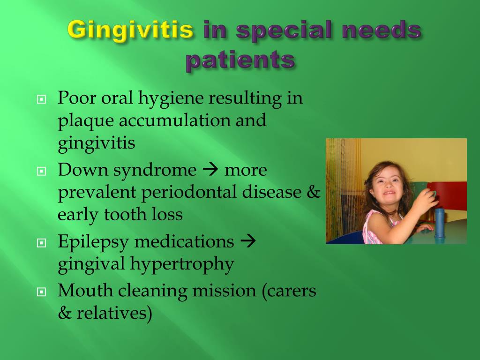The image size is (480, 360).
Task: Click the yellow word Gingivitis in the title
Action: (x=131, y=30)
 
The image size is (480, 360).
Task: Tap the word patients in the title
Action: (x=240, y=59)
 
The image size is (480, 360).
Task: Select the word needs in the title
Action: (x=382, y=30)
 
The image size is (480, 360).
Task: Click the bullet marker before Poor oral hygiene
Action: (x=41, y=99)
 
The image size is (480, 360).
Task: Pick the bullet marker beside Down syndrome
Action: (x=41, y=171)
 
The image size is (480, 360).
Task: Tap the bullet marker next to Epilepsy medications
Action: (x=41, y=243)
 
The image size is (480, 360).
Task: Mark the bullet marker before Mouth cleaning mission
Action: (x=41, y=292)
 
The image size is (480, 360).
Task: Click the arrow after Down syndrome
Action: (x=210, y=170)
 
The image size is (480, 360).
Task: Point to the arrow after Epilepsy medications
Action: (x=248, y=241)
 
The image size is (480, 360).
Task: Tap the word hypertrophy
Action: (x=182, y=264)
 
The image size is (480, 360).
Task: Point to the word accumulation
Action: (x=174, y=120)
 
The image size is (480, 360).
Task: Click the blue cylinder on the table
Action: (x=439, y=223)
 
